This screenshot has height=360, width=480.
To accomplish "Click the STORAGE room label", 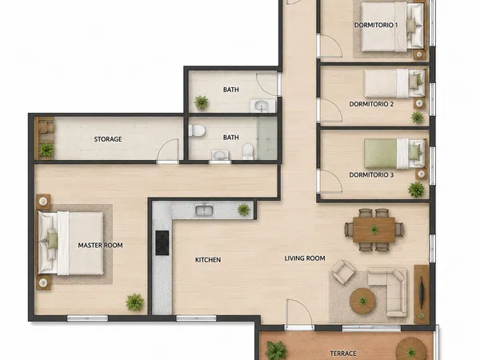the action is click(108, 139).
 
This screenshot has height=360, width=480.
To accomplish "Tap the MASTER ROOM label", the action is click(101, 246).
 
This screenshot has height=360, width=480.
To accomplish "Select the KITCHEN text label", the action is click(208, 260).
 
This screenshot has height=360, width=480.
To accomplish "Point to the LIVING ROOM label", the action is click(305, 258).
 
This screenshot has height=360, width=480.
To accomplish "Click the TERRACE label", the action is click(343, 354).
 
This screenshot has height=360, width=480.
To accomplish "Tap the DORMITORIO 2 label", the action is click(371, 104).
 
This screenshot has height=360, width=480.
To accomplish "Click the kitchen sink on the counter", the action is click(204, 210).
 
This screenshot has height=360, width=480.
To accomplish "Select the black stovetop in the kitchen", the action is click(162, 242).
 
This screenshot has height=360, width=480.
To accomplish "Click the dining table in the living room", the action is click(374, 230).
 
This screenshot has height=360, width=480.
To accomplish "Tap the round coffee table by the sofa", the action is click(363, 301).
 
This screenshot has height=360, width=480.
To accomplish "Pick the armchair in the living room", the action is click(343, 271).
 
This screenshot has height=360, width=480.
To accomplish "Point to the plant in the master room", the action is click(134, 302).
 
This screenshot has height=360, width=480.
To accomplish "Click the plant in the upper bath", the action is click(202, 102).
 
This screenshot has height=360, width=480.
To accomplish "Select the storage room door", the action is click(167, 150).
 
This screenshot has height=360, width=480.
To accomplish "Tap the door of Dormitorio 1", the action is click(330, 46).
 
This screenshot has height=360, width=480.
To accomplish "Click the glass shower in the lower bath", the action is click(267, 138).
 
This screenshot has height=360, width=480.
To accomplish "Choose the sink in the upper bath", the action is click(262, 106).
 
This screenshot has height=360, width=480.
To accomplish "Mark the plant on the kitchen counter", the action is click(243, 210).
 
